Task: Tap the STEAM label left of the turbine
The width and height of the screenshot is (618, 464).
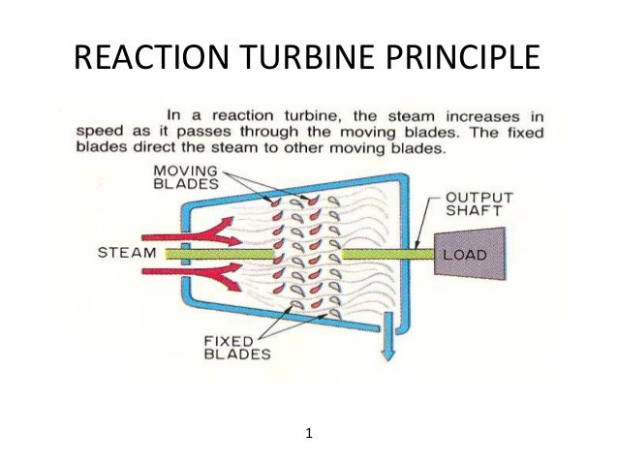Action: tap(127, 254)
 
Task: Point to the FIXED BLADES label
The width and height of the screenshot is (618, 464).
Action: tap(236, 347)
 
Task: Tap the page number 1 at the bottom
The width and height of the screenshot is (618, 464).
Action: tap(308, 433)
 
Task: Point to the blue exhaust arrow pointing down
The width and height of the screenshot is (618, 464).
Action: tap(388, 351)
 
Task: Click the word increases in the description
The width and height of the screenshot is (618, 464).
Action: tap(490, 112)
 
